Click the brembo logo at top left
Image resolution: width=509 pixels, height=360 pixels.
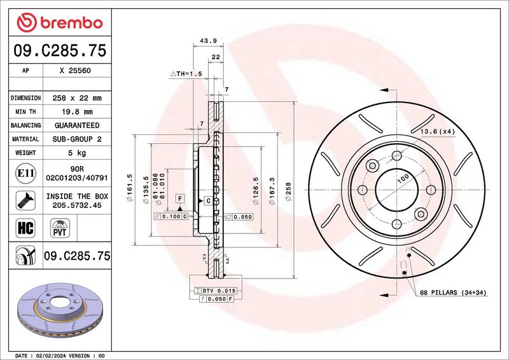tap(60, 23)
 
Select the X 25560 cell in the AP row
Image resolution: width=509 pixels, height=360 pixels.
tap(75, 71)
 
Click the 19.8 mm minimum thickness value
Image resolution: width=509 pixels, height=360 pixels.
tap(77, 112)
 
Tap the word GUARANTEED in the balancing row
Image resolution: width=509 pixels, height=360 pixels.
tap(77, 125)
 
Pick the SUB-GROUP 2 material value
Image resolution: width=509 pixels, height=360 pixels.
tap(77, 139)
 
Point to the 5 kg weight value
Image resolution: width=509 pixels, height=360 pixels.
tap(77, 153)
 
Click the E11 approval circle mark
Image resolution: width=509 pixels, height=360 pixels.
tap(25, 173)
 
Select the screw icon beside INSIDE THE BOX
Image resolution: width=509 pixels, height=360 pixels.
tap(25, 200)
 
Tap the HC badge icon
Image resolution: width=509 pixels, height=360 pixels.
tap(25, 228)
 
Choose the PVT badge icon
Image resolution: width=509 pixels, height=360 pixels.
tap(60, 228)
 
